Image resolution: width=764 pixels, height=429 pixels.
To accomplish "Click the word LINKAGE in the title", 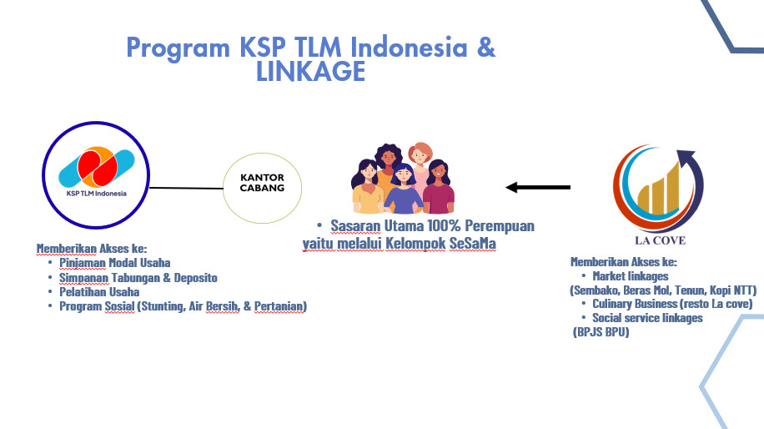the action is (311, 71).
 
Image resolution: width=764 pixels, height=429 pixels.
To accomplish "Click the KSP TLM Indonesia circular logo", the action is (96, 175).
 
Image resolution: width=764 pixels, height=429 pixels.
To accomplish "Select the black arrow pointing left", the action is (538, 187).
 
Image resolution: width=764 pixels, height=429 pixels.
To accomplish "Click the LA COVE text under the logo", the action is (661, 240).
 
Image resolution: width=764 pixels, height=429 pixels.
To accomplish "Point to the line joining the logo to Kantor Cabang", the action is (186, 188).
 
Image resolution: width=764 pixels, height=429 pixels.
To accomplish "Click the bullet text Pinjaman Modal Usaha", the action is (115, 263).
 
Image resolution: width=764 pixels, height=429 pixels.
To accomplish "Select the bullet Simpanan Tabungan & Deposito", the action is (138, 277).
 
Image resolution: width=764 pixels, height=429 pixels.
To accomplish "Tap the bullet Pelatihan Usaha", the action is (99, 292).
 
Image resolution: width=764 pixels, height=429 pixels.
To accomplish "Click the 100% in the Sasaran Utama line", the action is (444, 225).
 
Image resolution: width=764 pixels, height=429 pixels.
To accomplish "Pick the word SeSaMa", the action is (473, 243).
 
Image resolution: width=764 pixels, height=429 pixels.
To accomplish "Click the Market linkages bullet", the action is (631, 276).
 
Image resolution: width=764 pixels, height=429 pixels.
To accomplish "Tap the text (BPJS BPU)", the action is (601, 332).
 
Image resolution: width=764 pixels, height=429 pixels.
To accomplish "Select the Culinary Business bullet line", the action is (672, 304).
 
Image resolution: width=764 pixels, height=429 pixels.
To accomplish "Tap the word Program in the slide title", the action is (178, 48).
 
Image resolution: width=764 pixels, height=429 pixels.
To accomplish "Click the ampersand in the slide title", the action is (485, 48).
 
